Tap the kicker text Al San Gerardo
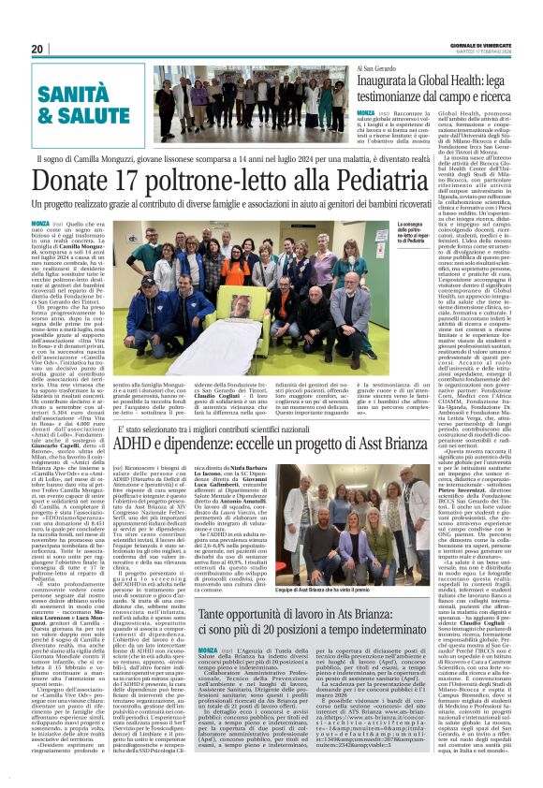coord(374,69)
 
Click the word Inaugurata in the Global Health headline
coord(387,84)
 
